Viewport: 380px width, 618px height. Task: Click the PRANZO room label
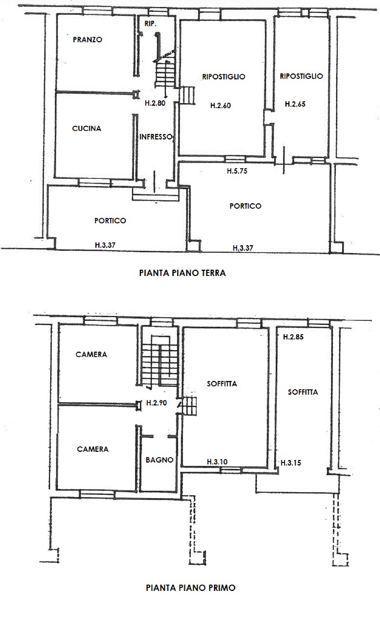click(88, 40)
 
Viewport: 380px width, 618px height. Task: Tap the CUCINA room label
click(87, 128)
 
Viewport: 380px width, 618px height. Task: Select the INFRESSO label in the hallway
click(156, 137)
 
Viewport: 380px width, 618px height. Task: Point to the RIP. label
click(150, 24)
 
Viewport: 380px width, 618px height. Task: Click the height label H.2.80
click(155, 103)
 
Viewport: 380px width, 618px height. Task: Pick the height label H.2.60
click(220, 105)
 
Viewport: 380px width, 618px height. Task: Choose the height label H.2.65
click(295, 104)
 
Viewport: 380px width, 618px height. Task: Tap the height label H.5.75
click(237, 171)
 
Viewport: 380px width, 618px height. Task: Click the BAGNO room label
click(160, 460)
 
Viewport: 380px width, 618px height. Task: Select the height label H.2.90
click(157, 403)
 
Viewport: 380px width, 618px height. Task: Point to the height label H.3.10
click(217, 462)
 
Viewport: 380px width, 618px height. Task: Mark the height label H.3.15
click(291, 463)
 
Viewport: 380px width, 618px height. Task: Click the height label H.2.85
click(293, 337)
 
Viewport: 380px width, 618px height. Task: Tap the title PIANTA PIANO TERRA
click(183, 273)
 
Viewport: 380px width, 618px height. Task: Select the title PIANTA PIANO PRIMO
click(191, 588)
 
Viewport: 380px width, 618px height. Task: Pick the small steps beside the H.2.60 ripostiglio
click(187, 95)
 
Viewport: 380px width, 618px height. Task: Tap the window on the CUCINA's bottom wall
click(95, 183)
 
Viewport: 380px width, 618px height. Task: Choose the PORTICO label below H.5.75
click(245, 206)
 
